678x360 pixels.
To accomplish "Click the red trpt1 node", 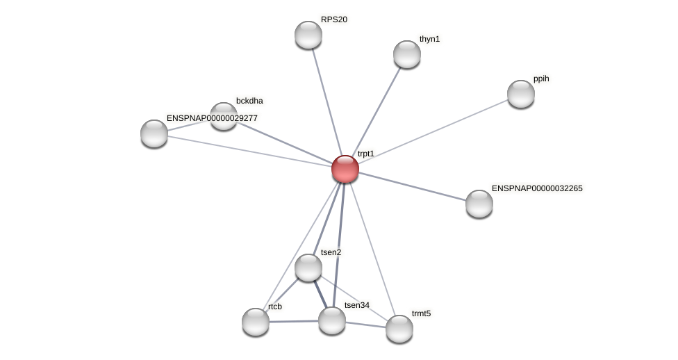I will [x=345, y=169].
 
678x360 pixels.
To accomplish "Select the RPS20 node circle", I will [x=308, y=35].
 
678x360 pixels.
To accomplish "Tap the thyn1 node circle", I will [x=407, y=54].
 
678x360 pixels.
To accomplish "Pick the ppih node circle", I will [x=521, y=94].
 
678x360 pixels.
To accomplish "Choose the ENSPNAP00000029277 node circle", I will [x=154, y=133].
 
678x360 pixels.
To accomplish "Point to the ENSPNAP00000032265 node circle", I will [x=479, y=204].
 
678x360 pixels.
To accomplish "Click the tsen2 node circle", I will [x=308, y=268].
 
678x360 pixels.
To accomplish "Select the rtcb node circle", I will [x=256, y=322].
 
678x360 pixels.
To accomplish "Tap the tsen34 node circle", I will [x=332, y=320].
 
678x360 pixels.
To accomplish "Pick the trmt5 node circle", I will [x=399, y=329].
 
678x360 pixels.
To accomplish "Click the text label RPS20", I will [x=334, y=19].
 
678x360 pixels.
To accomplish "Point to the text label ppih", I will [x=541, y=79].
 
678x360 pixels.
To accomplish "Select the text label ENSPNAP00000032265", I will [x=537, y=188].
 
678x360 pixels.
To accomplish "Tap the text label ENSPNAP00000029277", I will [x=212, y=118].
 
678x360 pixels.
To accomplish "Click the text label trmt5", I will [x=421, y=313].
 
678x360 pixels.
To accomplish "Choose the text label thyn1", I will [x=429, y=39].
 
